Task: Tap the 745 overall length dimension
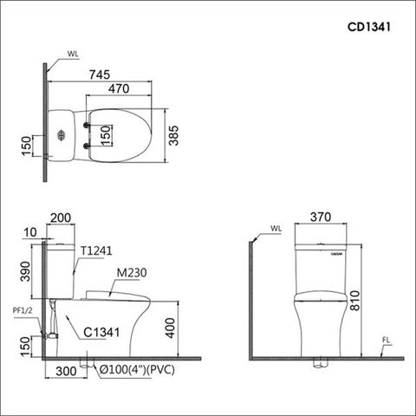tap(100, 75)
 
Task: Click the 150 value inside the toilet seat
tap(105, 135)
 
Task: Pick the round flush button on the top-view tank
tap(61, 135)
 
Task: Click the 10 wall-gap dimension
tap(32, 232)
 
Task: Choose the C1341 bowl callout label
tap(101, 330)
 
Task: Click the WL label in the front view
tap(276, 230)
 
